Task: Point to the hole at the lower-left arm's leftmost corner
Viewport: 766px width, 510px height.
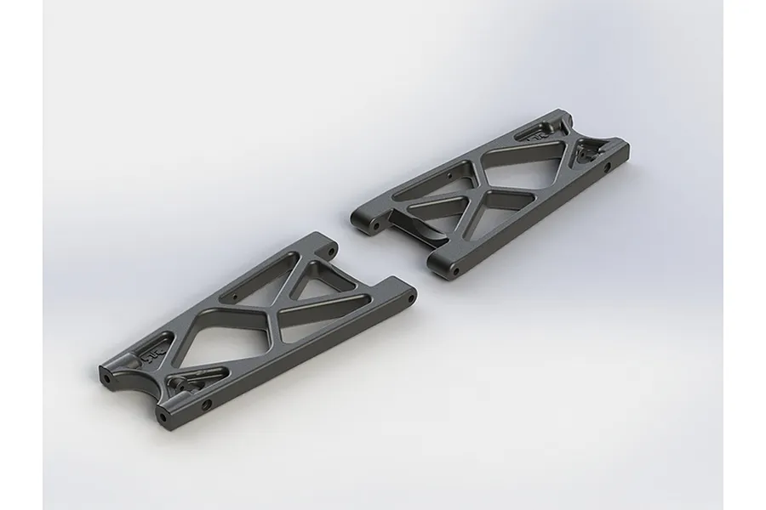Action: (104, 373)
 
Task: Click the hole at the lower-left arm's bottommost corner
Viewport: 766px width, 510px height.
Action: (163, 417)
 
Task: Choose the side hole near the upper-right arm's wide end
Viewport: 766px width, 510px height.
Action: (606, 167)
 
